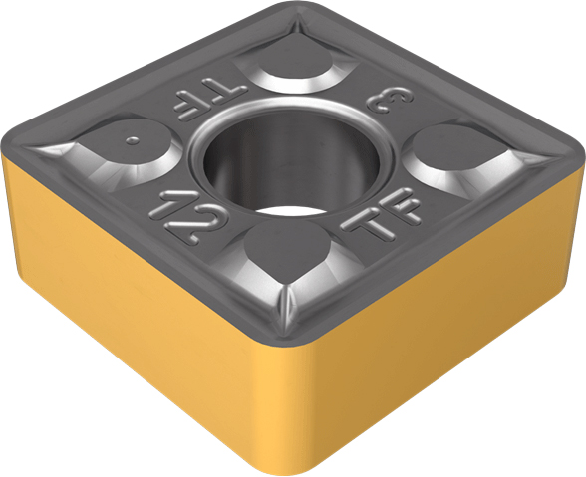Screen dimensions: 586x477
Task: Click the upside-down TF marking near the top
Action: coord(210,101)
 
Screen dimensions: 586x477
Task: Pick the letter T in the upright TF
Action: coord(369,225)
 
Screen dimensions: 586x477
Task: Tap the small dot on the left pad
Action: coord(133,140)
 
